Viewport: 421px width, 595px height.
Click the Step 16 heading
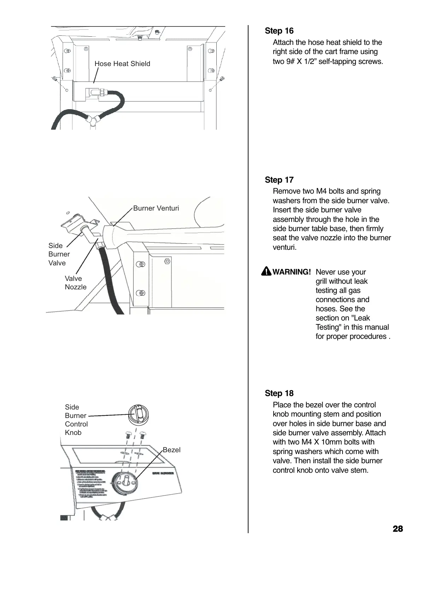pyautogui.click(x=279, y=31)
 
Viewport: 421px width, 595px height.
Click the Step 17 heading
pyautogui.click(x=279, y=180)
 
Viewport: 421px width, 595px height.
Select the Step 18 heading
pyautogui.click(x=279, y=394)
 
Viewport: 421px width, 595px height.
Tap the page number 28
pyautogui.click(x=398, y=529)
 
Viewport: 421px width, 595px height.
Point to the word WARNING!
pyautogui.click(x=292, y=272)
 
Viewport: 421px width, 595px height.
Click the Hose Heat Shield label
pyautogui.click(x=122, y=64)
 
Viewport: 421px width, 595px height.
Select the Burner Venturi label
pyautogui.click(x=156, y=208)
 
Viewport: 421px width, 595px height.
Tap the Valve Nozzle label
pyautogui.click(x=75, y=283)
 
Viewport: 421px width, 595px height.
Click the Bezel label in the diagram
pyautogui.click(x=171, y=450)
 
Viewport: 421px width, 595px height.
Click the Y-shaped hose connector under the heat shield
pyautogui.click(x=93, y=120)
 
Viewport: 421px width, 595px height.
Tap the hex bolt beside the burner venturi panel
pyautogui.click(x=167, y=261)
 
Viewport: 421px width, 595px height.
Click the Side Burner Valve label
pyautogui.click(x=59, y=254)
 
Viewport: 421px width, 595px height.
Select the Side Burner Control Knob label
pyautogui.click(x=76, y=420)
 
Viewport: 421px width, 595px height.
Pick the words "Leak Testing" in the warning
pyautogui.click(x=352, y=323)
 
